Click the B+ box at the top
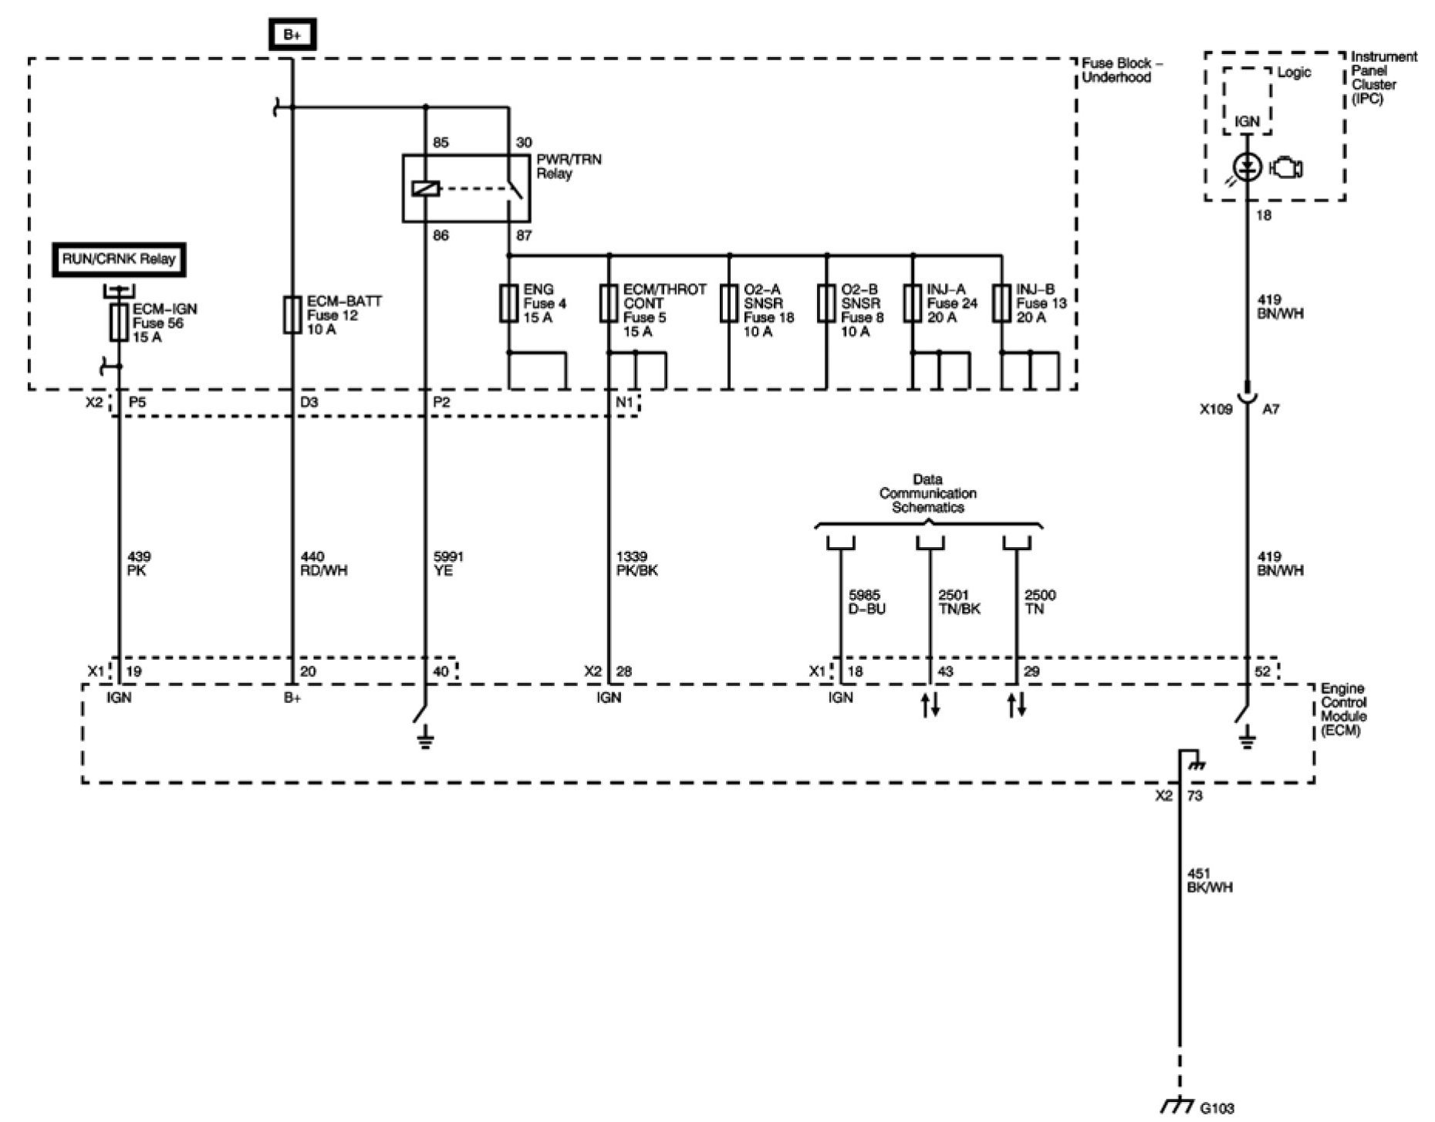292,35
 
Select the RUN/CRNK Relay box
119,259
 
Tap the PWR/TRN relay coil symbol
426,188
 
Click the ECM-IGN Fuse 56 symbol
119,322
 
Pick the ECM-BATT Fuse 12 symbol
292,315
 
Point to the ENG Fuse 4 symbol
508,303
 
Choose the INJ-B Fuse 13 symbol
1001,303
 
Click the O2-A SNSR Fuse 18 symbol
729,303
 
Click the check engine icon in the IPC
1285,167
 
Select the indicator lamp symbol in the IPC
1248,167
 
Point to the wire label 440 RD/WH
324,563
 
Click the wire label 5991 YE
449,563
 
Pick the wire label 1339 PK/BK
636,563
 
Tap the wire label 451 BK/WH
1209,880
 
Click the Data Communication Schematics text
927,493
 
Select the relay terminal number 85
441,143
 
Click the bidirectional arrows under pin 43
930,705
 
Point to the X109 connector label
1216,410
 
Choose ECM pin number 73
1194,796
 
